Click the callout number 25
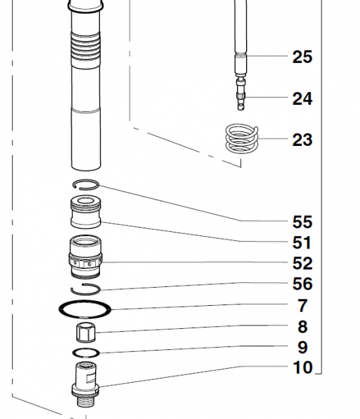(302, 57)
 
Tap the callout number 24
(302, 98)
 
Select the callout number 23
(302, 140)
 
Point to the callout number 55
(302, 222)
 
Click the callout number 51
(302, 242)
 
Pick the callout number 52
(302, 263)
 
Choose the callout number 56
(302, 284)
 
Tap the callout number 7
(303, 306)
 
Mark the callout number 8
(303, 327)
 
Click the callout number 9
(303, 347)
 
